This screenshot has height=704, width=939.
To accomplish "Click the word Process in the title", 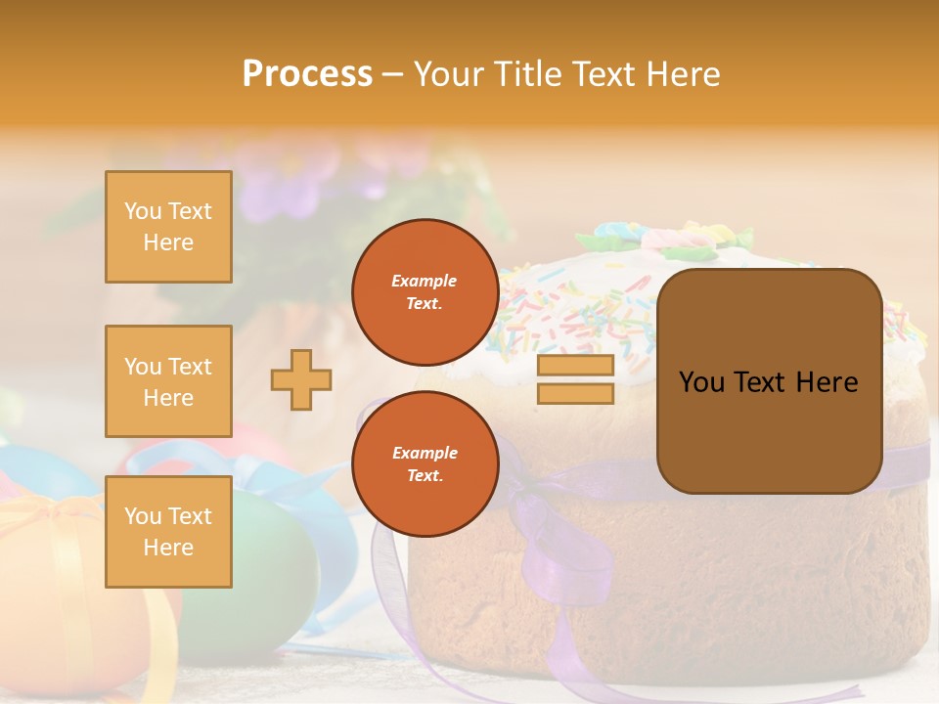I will (x=307, y=74).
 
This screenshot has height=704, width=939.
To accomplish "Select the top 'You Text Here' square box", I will (x=168, y=227).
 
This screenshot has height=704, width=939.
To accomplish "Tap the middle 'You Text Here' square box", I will (x=168, y=381).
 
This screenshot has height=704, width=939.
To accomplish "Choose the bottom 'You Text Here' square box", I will (x=168, y=531).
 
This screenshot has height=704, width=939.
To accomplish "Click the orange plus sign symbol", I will (x=301, y=379).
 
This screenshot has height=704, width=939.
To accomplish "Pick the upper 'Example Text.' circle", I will (x=425, y=291).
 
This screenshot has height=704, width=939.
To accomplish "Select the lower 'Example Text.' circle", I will (x=425, y=463).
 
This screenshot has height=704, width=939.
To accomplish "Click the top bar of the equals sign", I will (x=575, y=366).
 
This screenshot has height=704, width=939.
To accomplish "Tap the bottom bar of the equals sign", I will (x=575, y=393).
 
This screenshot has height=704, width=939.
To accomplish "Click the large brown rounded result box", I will (x=769, y=381).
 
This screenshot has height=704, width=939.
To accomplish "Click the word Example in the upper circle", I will (x=425, y=281).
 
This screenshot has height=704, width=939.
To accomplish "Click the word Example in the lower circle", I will (x=425, y=453).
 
